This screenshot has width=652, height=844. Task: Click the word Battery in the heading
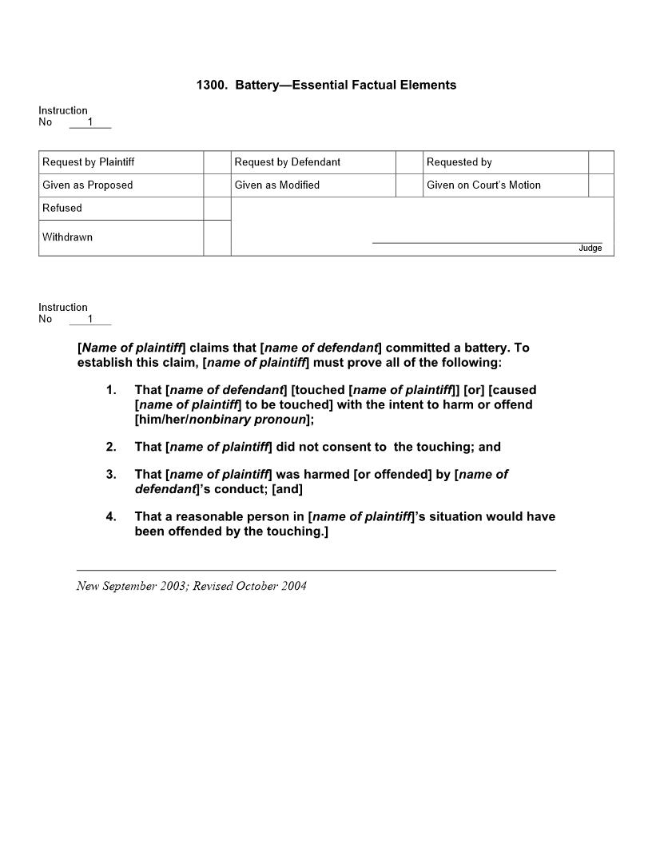click(259, 85)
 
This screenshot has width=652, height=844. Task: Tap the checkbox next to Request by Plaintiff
click(217, 162)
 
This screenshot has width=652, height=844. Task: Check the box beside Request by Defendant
click(409, 162)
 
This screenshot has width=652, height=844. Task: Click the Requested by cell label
click(459, 162)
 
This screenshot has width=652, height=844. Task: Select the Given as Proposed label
click(88, 185)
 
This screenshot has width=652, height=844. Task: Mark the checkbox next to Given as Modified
click(409, 185)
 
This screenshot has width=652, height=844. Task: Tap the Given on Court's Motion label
click(483, 185)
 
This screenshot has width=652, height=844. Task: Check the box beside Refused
click(217, 209)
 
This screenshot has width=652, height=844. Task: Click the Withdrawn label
click(67, 237)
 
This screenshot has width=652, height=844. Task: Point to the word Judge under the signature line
click(590, 249)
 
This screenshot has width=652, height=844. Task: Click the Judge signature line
click(487, 241)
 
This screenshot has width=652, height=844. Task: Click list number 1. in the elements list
click(111, 390)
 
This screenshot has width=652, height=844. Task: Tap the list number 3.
click(111, 475)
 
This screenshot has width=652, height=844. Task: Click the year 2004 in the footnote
click(292, 586)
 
